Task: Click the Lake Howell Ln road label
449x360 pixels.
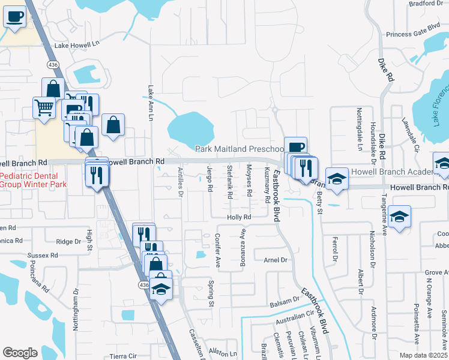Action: pos(76,45)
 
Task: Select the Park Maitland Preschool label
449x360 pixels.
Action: pos(240,149)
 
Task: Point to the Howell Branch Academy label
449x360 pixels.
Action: pos(393,172)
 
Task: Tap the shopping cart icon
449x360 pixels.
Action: pos(44,108)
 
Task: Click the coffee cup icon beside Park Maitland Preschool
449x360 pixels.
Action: pos(295,146)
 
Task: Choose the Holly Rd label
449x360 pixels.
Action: pos(238,217)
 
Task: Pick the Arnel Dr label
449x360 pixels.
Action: pos(277,260)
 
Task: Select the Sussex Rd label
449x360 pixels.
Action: pos(41,255)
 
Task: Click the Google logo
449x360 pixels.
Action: pos(20,353)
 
